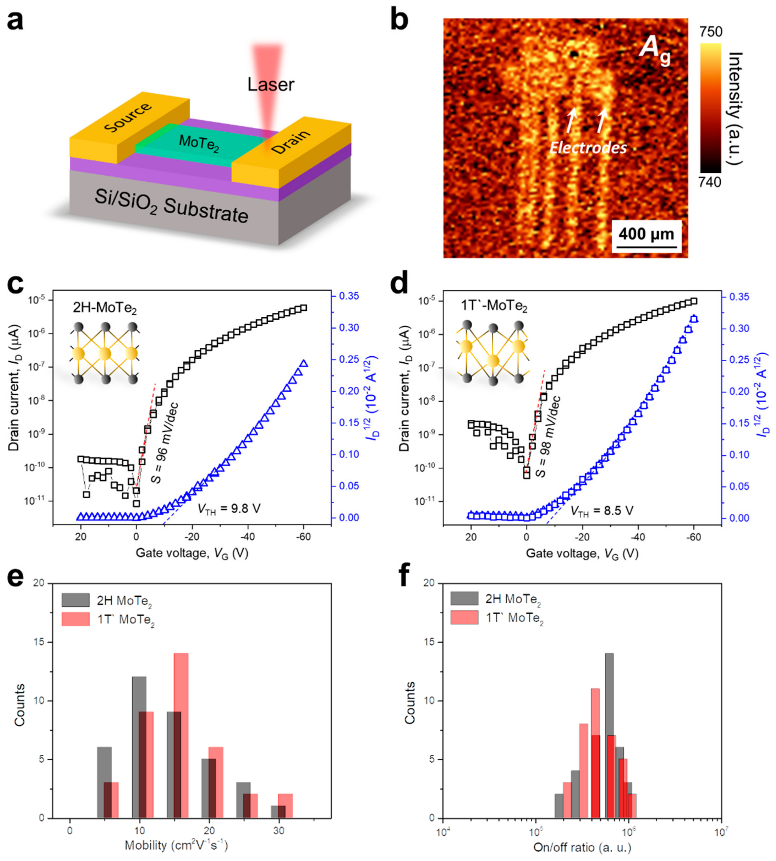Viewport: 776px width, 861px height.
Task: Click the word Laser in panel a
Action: point(271,85)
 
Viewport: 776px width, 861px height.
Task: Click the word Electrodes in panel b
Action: point(588,148)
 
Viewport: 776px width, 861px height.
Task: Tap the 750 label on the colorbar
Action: point(711,32)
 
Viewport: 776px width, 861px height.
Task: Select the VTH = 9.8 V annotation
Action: point(229,509)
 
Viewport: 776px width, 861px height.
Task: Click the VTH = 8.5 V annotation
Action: point(602,510)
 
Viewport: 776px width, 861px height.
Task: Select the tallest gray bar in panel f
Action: point(609,735)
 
